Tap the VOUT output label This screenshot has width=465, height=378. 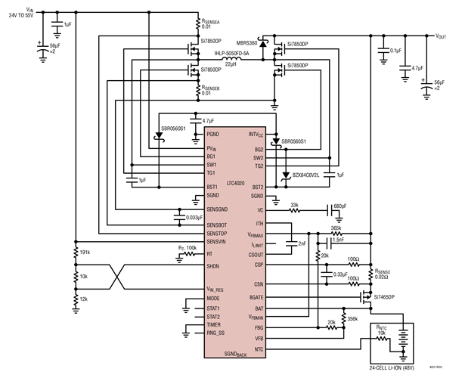440,36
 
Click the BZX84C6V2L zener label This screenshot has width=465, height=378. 307,175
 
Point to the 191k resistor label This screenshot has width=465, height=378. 85,252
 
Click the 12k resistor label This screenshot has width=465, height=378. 83,300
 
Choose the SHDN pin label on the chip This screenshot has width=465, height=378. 213,267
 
